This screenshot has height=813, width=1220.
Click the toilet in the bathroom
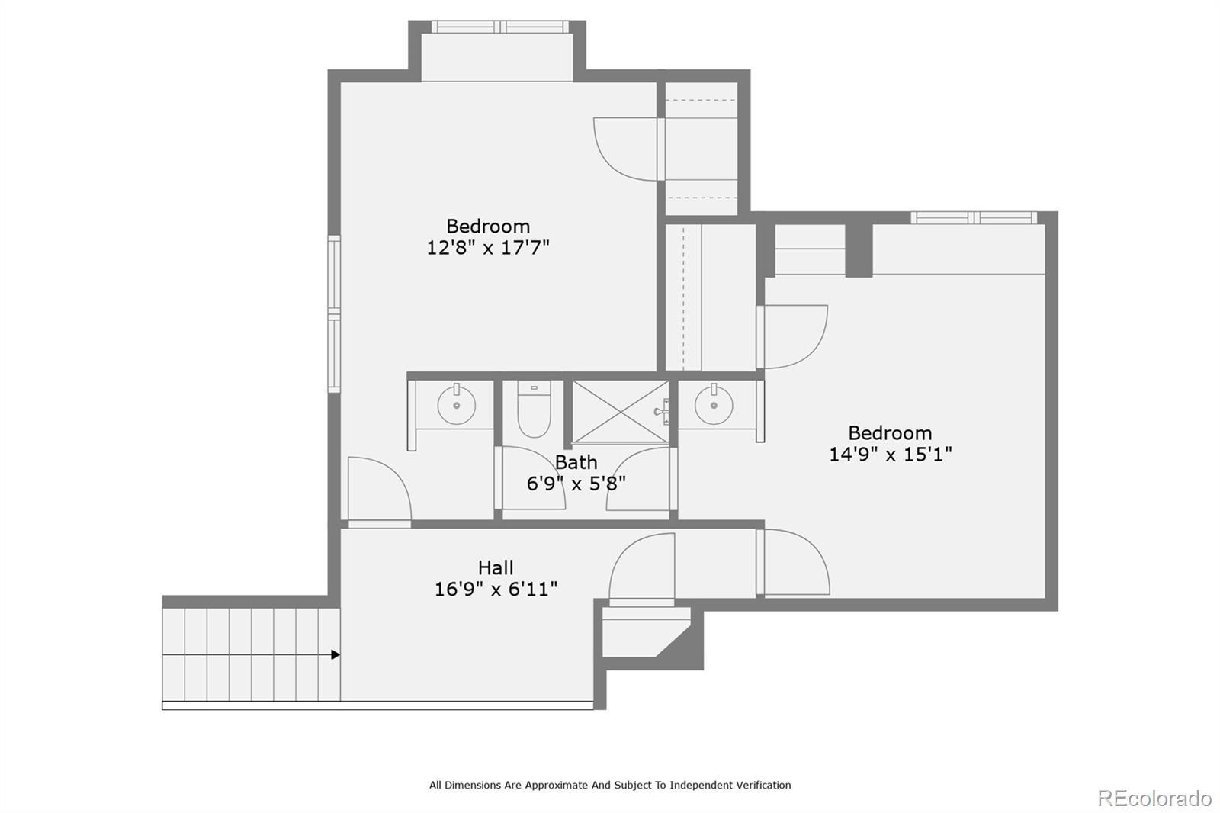tap(534, 409)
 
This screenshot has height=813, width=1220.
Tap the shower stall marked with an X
tap(621, 412)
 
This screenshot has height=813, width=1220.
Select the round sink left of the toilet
tap(457, 405)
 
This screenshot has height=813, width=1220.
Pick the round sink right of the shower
tap(714, 405)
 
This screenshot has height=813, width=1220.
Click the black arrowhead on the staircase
tap(335, 654)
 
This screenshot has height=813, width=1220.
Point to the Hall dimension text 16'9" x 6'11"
tap(496, 589)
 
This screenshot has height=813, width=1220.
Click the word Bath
tap(576, 462)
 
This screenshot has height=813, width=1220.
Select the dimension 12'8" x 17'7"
tap(487, 247)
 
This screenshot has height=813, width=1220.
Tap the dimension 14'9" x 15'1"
tap(890, 454)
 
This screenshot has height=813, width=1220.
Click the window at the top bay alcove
tap(500, 27)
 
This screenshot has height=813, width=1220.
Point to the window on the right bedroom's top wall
tap(974, 218)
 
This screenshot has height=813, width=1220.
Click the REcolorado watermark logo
tap(1154, 799)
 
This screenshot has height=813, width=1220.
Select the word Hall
tap(496, 567)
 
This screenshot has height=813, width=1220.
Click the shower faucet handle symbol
tap(663, 411)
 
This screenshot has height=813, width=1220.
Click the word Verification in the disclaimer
tap(763, 786)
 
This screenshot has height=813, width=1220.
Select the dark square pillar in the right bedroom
tap(859, 250)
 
